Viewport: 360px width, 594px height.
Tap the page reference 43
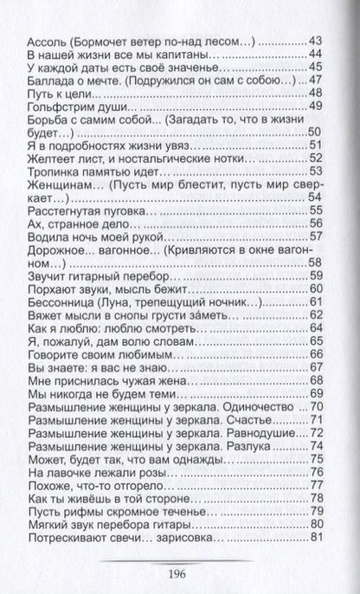point(316,41)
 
